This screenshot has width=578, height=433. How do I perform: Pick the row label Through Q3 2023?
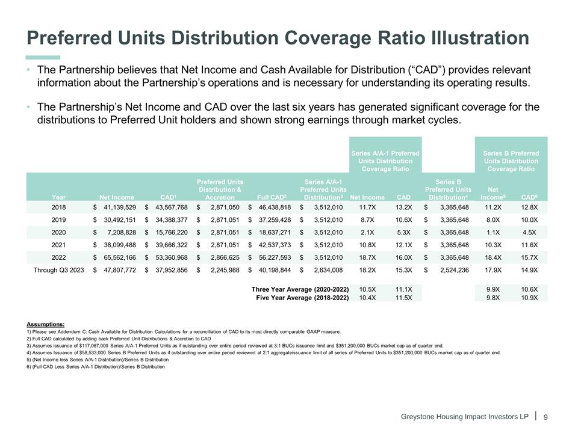pyautogui.click(x=57, y=270)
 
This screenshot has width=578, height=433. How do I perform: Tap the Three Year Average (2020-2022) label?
pyautogui.click(x=300, y=289)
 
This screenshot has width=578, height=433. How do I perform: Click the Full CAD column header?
pyautogui.click(x=272, y=196)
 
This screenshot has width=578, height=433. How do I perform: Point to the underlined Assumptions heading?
pyautogui.click(x=46, y=324)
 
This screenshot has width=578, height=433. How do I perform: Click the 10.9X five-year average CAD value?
pyautogui.click(x=529, y=298)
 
